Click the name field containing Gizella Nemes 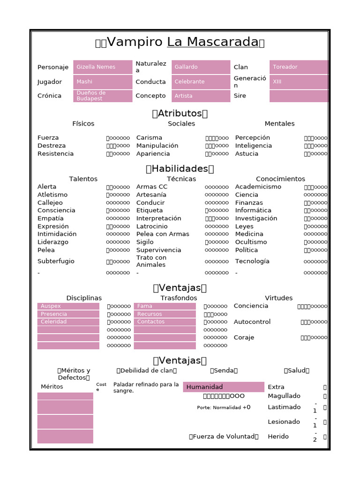103,67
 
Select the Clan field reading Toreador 299,67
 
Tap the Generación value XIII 299,82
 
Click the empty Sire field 299,96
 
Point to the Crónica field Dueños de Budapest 103,96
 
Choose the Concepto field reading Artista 201,96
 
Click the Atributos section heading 180,113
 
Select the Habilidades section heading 180,169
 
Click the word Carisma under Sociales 149,138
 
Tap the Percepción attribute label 253,138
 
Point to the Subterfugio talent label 56,262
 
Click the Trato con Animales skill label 151,262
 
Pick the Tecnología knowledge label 252,262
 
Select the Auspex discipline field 68,307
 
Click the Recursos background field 165,314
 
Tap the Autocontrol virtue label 252,322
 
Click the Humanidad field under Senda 224,387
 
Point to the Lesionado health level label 284,422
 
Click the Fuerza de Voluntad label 224,437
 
